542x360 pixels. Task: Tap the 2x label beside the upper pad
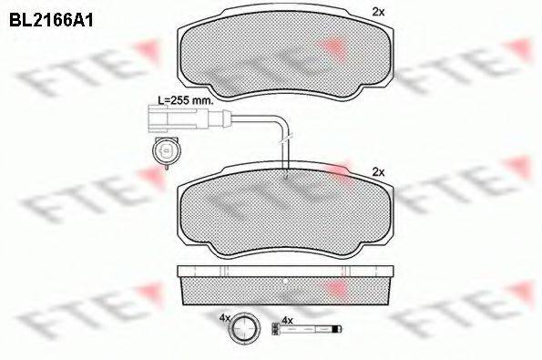(x=379, y=12)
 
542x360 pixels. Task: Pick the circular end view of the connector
(x=165, y=150)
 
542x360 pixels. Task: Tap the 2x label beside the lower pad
(x=379, y=171)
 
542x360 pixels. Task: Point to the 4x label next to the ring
(x=224, y=318)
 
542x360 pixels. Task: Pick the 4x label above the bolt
(x=287, y=320)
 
